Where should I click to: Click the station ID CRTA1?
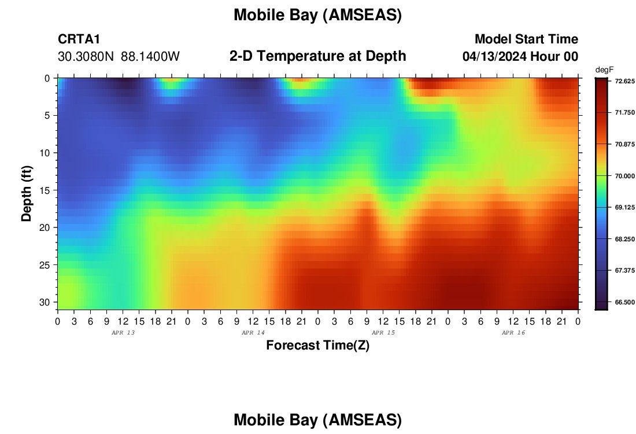[79, 39]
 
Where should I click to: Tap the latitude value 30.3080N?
[86, 57]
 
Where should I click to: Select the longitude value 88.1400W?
[150, 57]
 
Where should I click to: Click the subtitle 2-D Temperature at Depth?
[317, 56]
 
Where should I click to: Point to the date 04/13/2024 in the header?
[494, 57]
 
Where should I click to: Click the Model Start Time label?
[527, 39]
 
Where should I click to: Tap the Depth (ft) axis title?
[27, 194]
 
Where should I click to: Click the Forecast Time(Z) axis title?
[317, 345]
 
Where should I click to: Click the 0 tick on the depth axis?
[47, 78]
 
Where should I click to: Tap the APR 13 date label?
[123, 333]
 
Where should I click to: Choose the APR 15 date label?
[383, 333]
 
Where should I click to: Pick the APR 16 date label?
[513, 333]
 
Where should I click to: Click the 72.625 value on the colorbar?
[624, 81]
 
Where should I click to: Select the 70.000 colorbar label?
[624, 176]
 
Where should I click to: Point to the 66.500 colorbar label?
[624, 302]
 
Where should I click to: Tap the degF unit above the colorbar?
[604, 70]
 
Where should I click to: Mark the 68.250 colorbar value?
[624, 239]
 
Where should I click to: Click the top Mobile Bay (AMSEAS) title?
[317, 15]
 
